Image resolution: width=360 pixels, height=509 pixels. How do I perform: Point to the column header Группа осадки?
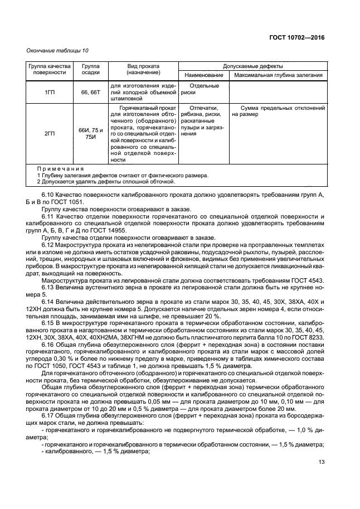click(91, 69)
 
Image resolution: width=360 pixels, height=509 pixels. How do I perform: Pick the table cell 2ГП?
click(49, 134)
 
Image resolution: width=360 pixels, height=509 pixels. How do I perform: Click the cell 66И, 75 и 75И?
click(91, 134)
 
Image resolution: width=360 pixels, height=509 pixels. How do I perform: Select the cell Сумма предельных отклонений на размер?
click(278, 111)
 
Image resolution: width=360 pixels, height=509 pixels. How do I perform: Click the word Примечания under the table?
click(60, 168)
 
